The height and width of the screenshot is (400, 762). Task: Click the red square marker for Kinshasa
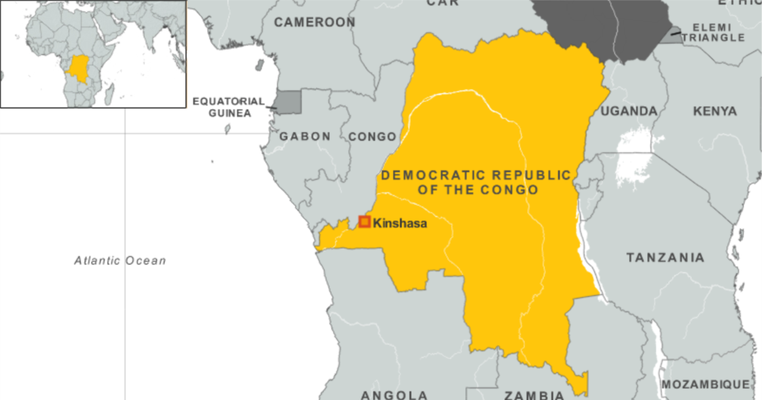(x=364, y=222)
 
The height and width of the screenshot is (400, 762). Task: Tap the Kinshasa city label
(x=399, y=223)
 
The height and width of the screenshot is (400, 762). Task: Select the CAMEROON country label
(x=314, y=23)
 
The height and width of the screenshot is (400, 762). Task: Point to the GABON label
(x=305, y=137)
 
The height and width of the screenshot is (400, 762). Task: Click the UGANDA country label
(x=629, y=111)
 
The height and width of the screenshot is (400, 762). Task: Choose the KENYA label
(x=715, y=111)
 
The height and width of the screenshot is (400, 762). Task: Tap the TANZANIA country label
(x=665, y=258)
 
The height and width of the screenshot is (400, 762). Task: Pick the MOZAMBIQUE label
(x=705, y=385)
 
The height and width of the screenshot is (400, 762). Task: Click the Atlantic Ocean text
(x=119, y=260)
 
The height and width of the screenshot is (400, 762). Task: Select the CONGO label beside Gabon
(x=372, y=137)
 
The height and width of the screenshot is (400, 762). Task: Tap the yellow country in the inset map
(x=80, y=70)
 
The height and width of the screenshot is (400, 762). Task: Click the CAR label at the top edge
(x=443, y=3)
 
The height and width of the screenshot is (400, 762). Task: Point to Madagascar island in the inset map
(x=110, y=93)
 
